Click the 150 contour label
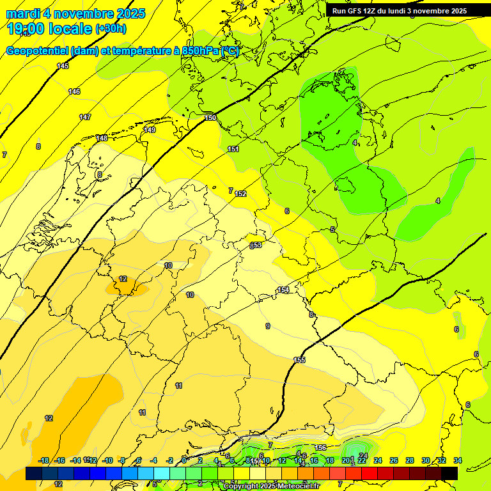210,118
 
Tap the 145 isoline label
63,66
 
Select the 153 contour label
256,245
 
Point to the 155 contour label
299,361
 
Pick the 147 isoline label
85,117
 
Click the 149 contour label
150,130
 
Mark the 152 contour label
240,194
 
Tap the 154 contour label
283,290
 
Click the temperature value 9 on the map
268,326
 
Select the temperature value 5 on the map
332,230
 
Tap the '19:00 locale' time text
49,29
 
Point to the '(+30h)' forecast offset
111,29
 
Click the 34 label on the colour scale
458,460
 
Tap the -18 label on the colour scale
44,460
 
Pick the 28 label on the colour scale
410,460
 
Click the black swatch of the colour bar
449,473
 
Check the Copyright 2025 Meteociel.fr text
272,487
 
